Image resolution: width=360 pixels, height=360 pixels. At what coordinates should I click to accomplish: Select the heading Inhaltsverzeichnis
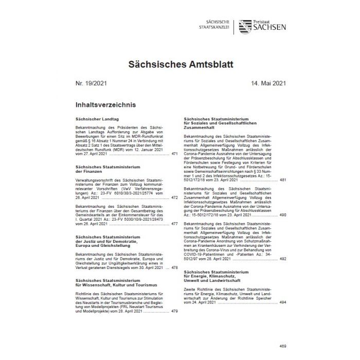(105, 105)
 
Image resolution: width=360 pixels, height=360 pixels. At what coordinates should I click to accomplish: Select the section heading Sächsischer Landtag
(93, 118)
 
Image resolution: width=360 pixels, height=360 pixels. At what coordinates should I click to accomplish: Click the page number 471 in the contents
(174, 153)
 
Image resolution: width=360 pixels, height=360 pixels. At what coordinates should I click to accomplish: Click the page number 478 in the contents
(174, 267)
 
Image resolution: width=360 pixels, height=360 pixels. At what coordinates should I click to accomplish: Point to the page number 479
(174, 311)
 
